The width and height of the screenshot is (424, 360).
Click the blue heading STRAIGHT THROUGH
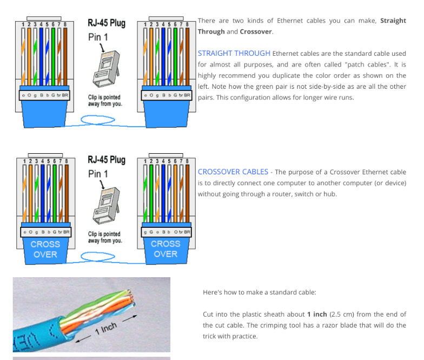234,53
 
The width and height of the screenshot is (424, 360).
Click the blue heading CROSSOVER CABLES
233,172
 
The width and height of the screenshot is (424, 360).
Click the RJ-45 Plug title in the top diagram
106,23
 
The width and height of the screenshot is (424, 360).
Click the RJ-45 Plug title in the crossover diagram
106,160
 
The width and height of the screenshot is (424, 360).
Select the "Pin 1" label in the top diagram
98,37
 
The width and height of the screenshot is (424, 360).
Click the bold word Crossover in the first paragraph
256,31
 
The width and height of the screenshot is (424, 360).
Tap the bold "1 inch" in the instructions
317,314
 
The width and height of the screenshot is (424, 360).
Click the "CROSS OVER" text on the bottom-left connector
45,249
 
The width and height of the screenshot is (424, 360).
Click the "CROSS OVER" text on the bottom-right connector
165,249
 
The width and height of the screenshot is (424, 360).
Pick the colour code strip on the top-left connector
45,95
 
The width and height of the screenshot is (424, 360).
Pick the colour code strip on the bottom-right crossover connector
166,232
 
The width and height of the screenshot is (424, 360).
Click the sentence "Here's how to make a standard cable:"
260,292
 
